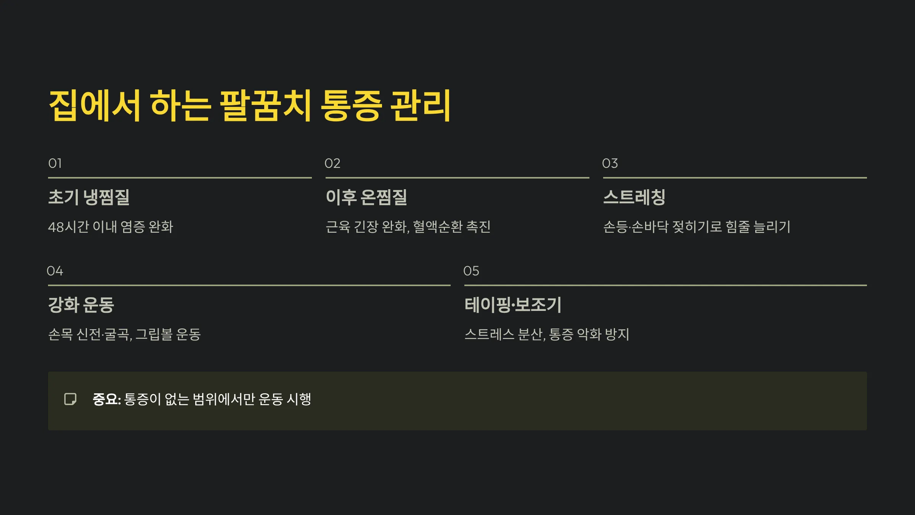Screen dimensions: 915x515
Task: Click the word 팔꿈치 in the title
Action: tap(266, 106)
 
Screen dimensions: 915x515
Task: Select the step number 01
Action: tap(55, 163)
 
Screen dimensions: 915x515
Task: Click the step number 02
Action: tap(332, 163)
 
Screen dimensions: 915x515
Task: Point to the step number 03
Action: tap(610, 163)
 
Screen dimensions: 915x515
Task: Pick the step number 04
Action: tap(55, 271)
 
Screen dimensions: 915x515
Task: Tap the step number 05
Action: tap(471, 271)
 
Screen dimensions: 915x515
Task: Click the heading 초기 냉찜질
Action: tap(89, 197)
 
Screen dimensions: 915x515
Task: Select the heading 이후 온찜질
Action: tap(366, 197)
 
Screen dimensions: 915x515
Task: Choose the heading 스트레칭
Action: tap(634, 197)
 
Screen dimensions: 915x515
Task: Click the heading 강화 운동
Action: tap(81, 305)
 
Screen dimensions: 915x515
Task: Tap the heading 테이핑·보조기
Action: tap(513, 305)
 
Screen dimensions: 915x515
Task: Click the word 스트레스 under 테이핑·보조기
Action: tap(489, 335)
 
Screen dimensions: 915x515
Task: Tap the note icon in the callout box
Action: tap(71, 399)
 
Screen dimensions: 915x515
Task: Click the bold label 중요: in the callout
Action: tap(107, 399)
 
